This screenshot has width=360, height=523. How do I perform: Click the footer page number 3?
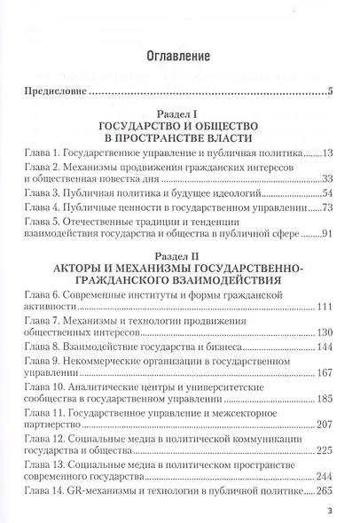[x=329, y=511]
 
